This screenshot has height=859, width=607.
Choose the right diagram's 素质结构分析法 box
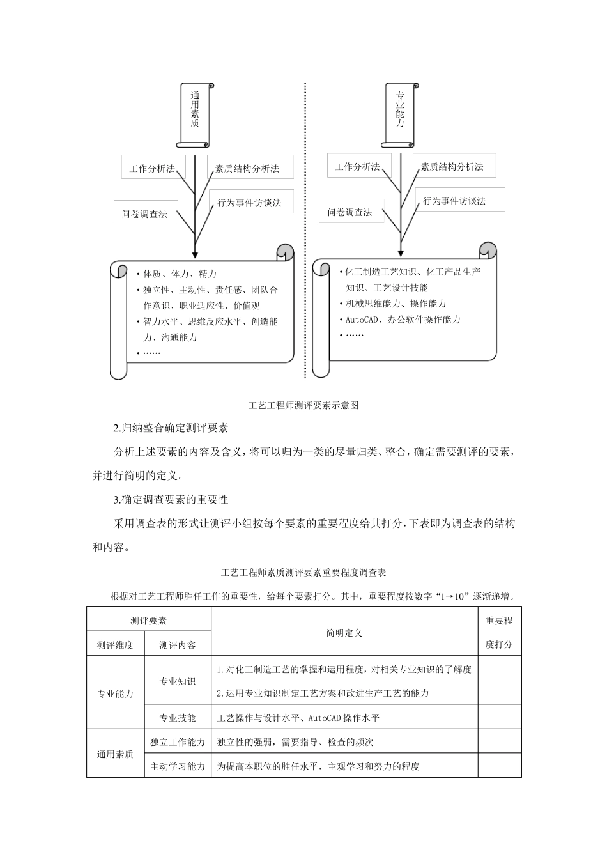tap(452, 167)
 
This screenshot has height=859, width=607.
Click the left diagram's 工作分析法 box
tap(151, 169)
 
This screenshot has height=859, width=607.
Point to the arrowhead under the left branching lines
tap(195, 254)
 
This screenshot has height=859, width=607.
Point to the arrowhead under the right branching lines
tap(401, 253)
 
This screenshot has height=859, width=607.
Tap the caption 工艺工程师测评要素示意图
tap(303, 405)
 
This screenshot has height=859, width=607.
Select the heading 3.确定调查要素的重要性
tap(171, 499)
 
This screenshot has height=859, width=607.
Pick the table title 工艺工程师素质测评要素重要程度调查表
tap(303, 572)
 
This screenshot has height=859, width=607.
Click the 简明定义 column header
tap(344, 633)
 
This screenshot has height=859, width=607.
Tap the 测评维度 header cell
tap(115, 645)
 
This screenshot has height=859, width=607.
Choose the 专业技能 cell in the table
tap(178, 718)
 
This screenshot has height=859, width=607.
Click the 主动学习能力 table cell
tap(178, 766)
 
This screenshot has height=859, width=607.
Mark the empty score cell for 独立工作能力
tap(500, 742)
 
